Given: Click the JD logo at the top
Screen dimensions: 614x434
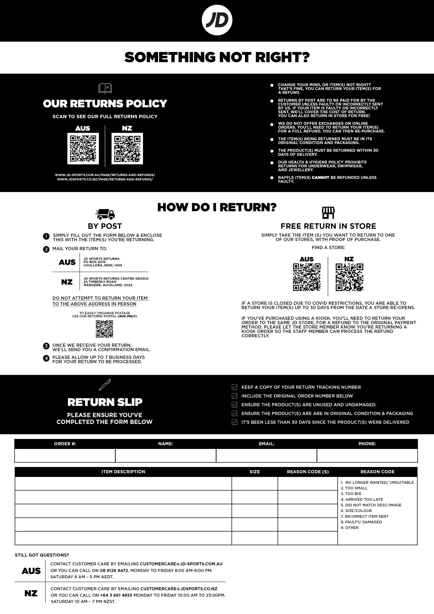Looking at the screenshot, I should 217,21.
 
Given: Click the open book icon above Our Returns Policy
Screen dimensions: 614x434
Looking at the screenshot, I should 105,88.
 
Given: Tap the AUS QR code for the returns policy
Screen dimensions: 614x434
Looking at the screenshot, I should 83,148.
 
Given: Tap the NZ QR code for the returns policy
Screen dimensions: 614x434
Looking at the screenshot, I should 127,148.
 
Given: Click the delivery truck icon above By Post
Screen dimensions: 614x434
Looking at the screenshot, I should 105,214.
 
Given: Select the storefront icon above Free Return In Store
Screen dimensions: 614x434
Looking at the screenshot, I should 328,213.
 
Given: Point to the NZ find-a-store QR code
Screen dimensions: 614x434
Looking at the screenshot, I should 349,277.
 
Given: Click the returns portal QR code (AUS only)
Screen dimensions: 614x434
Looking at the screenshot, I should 104,329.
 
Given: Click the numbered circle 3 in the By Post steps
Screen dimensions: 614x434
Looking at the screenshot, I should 46,346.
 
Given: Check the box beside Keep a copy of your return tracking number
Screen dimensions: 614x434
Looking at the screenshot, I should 234,387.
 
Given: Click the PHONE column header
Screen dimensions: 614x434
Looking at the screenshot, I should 367,444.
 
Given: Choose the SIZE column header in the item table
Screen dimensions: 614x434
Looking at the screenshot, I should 255,472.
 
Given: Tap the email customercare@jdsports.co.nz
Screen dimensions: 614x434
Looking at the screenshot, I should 179,589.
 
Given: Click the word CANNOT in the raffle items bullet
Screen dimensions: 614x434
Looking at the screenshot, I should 320,178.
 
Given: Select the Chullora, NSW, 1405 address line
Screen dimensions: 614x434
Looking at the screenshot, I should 103,265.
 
